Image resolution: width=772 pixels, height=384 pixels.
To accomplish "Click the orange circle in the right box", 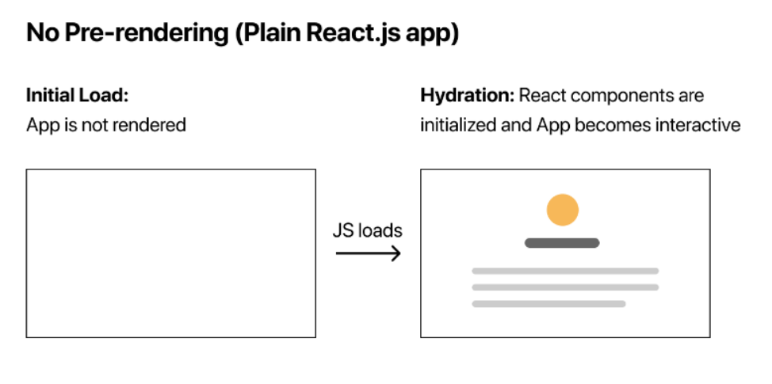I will pos(562,211).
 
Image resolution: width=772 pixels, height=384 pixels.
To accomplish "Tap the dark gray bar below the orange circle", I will pos(562,243).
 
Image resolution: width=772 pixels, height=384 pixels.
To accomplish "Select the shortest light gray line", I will pos(548,303).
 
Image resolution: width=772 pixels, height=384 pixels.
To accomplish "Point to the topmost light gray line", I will pos(565,271).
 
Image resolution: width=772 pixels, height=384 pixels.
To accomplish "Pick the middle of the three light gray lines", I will pos(565,287).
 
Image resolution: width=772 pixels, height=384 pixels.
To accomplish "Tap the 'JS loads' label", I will pos(367,231).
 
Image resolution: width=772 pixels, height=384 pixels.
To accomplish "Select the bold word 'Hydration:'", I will pos(467,96).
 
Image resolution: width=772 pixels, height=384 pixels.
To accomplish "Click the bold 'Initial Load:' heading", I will pos(77,96).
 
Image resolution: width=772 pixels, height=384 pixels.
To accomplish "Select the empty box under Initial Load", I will pos(170,253).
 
